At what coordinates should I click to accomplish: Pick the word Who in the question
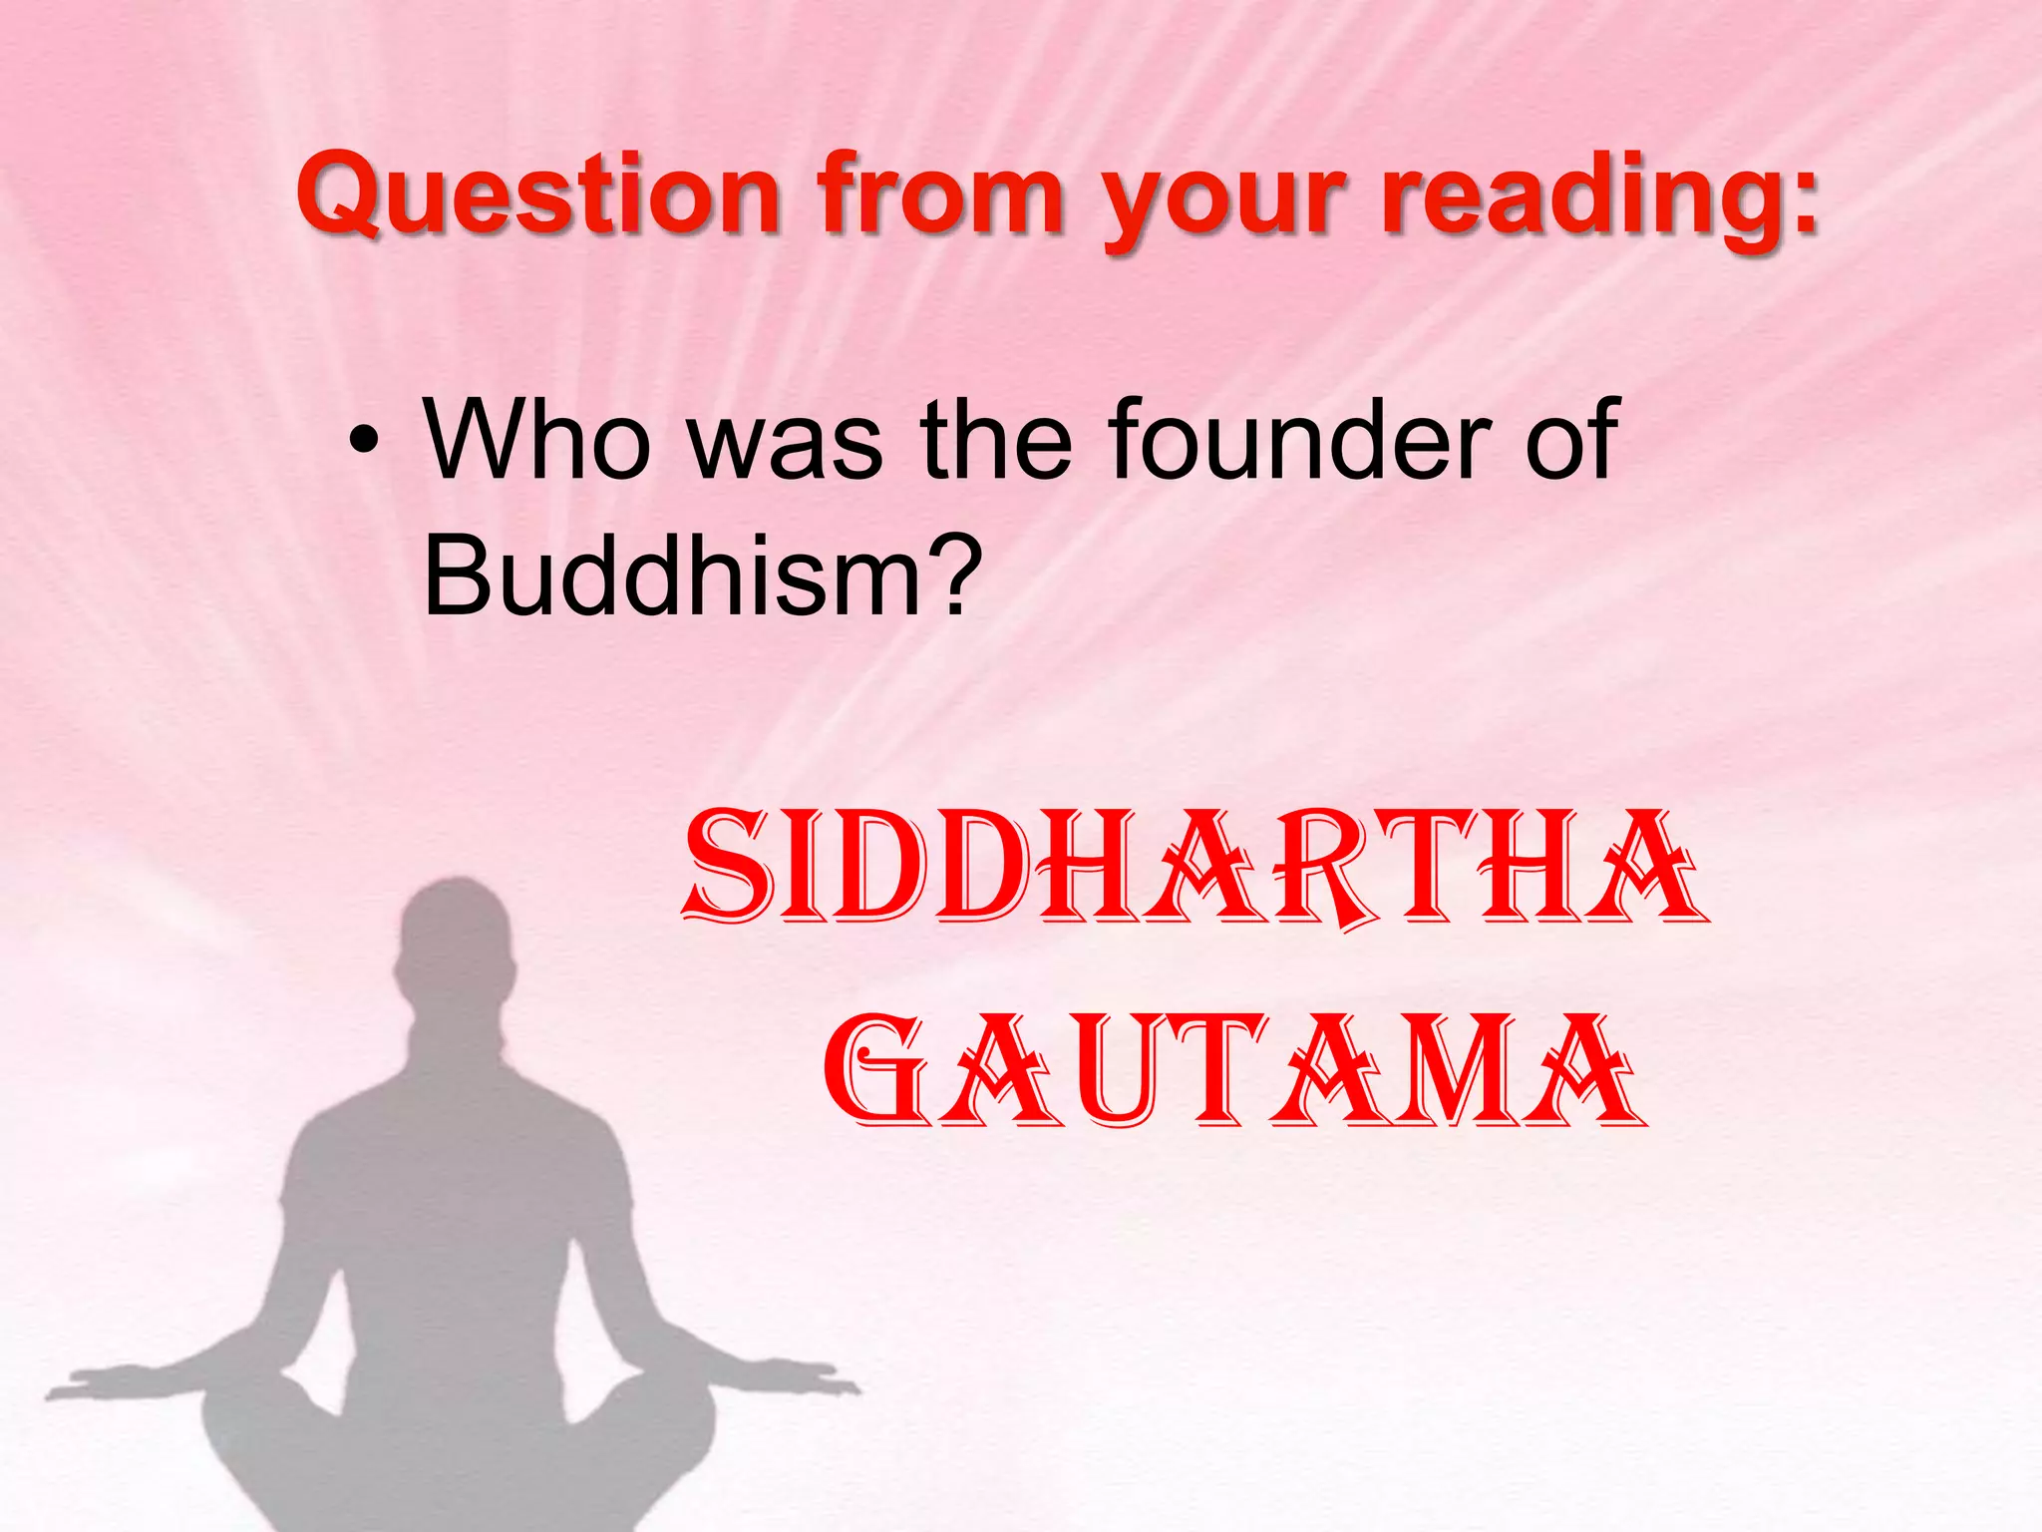pyautogui.click(x=536, y=439)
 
